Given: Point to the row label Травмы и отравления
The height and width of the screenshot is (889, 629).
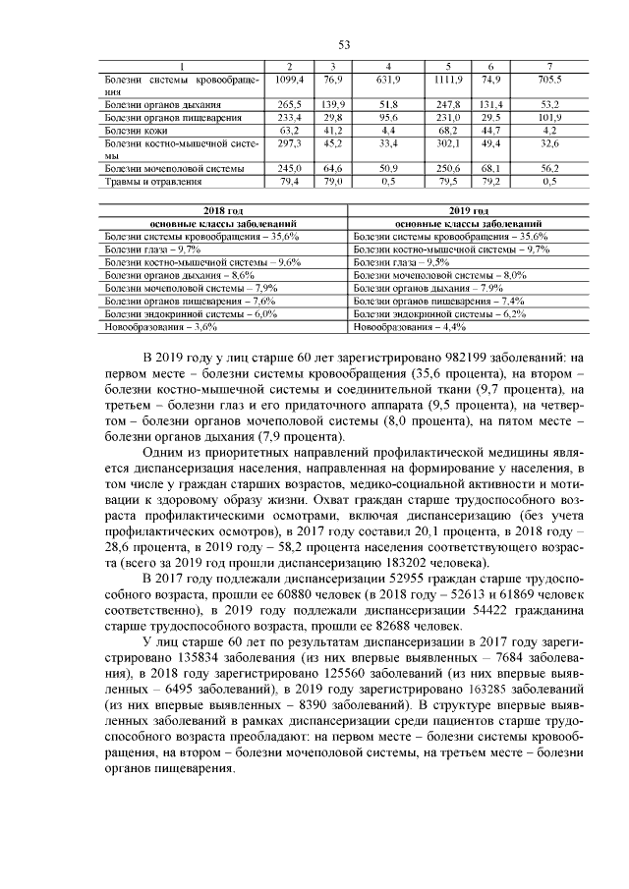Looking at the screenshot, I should (x=152, y=182).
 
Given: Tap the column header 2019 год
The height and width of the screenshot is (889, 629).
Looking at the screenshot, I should (x=467, y=211).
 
